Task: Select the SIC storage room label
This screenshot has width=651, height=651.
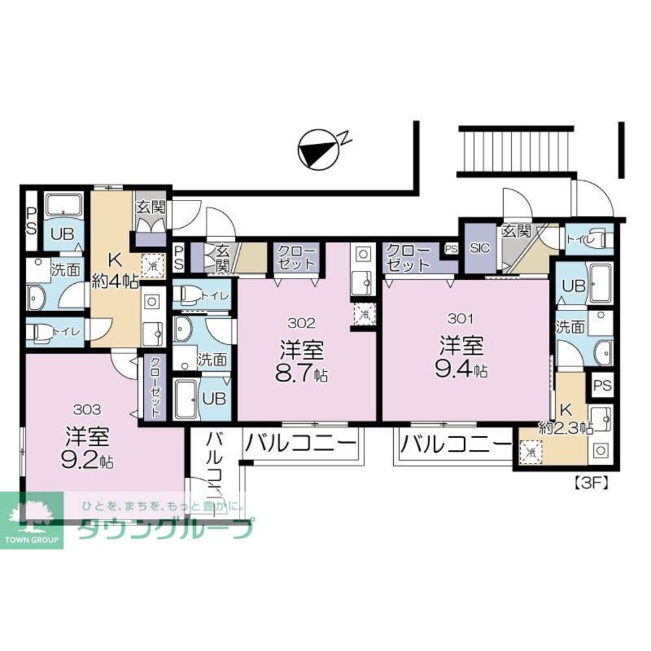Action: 478,248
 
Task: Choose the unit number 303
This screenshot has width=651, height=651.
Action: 87,409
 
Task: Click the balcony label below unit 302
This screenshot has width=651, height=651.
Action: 301,445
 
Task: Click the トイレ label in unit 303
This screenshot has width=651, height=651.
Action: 66,331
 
